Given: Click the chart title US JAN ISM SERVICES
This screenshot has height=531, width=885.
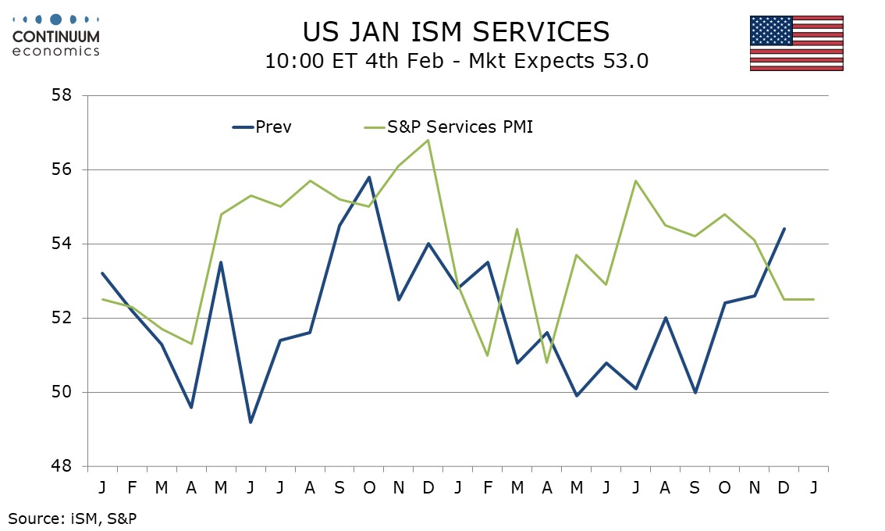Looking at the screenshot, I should tap(456, 31).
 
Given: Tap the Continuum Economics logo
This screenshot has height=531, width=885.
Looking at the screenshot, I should tap(55, 34).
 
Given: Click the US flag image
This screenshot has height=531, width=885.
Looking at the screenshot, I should tap(796, 43).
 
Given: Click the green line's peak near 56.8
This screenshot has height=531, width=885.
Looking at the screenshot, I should tap(428, 140).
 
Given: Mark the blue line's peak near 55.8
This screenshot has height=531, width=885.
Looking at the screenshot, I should tap(369, 177).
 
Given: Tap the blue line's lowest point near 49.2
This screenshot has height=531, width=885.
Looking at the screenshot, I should tap(251, 422).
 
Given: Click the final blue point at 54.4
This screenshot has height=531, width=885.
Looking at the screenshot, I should tap(784, 229).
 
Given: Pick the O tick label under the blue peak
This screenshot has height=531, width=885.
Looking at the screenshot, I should tap(369, 487).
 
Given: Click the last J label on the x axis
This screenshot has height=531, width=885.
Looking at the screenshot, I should tap(813, 487).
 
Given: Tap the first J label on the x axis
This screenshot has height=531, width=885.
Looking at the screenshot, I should tap(102, 487).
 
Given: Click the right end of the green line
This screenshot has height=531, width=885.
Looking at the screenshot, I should tap(813, 299).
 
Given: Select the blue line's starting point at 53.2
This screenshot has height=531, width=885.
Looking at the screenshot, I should tap(102, 273).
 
